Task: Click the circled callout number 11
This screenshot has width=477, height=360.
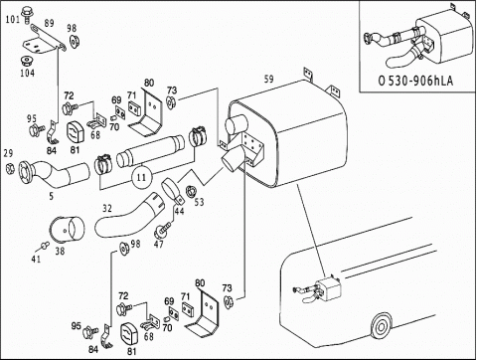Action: click(141, 177)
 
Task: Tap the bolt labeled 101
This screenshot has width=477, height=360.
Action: click(26, 14)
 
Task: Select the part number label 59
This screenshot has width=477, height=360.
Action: click(269, 80)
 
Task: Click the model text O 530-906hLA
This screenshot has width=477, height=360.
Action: click(415, 81)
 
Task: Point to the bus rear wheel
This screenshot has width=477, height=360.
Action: click(381, 327)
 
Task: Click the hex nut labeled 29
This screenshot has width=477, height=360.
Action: click(10, 168)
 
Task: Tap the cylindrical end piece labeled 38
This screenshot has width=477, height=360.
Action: click(67, 229)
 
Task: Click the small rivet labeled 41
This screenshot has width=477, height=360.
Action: click(44, 246)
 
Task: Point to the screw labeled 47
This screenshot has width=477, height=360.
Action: click(162, 229)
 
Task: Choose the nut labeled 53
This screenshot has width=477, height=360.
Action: click(191, 192)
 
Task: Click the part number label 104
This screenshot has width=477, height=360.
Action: click(27, 73)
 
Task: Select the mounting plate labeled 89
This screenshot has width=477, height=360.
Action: click(44, 41)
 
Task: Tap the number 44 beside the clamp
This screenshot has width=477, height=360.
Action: click(179, 211)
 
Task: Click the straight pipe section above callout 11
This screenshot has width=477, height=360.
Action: click(151, 151)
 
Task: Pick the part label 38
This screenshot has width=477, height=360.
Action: click(60, 251)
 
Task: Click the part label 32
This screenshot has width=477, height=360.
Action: click(107, 209)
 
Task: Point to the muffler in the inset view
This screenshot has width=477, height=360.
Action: click(444, 38)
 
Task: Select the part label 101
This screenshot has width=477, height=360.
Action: click(13, 19)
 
